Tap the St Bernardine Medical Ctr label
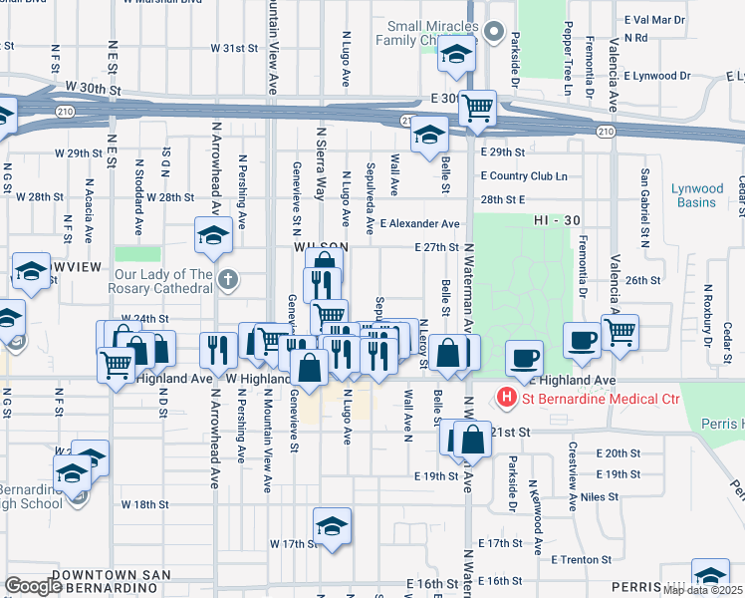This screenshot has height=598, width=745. click(599, 400)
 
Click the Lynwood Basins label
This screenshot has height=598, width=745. click(696, 195)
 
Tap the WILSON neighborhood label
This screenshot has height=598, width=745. click(320, 246)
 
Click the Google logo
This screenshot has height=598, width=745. click(32, 586)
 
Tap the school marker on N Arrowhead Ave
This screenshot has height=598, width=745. click(214, 236)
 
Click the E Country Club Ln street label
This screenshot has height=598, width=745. click(523, 175)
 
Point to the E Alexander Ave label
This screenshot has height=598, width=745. click(419, 224)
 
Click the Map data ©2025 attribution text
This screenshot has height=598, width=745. click(702, 590)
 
